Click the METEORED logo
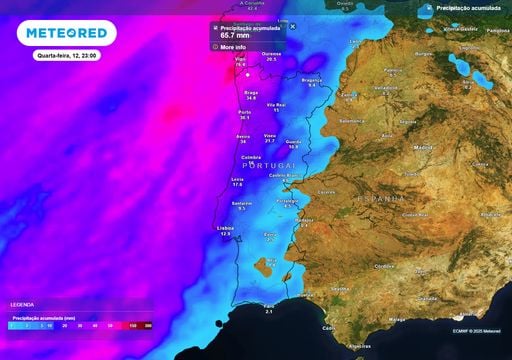(67, 33)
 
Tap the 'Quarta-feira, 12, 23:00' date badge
(67, 54)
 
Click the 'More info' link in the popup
(233, 47)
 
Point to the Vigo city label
(240, 59)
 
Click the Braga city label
(251, 93)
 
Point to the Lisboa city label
(225, 228)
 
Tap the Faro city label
(268, 307)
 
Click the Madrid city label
(422, 147)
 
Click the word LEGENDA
(21, 304)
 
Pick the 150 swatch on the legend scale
(132, 326)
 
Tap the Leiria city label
(237, 179)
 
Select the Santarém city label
(242, 202)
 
